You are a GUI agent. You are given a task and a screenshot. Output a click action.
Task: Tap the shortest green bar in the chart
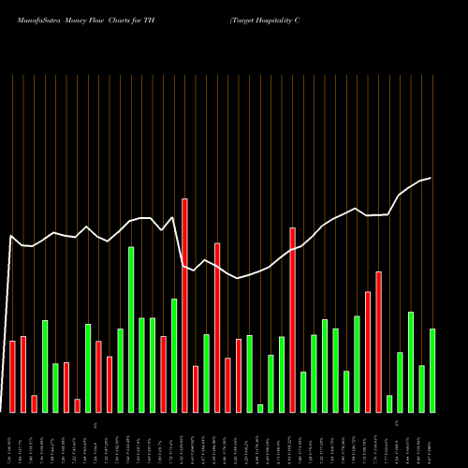[260, 408]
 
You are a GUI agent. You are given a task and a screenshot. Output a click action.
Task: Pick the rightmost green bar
[432, 371]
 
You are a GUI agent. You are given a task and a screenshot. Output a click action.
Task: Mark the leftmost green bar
[45, 366]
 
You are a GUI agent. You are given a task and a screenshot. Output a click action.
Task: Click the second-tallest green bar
[174, 356]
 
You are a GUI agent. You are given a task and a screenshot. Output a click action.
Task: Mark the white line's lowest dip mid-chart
[239, 278]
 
